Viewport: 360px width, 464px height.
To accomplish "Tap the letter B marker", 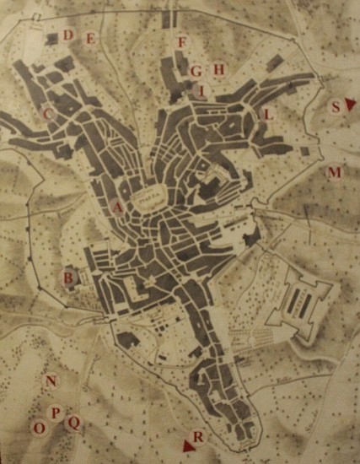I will pos(67,276).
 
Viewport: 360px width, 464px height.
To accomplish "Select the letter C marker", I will pos(48,112).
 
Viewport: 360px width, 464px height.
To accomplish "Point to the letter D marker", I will pos(69,35).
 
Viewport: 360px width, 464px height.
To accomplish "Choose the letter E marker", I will pos(89,39).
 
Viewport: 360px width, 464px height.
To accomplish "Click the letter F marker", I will pos(181,41).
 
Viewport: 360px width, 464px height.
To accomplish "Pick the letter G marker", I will pos(196,71).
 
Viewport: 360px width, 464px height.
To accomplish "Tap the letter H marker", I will pos(219,69).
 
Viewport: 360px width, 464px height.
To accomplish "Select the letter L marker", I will pos(268,114).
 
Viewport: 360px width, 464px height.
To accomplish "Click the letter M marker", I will pos(335,173).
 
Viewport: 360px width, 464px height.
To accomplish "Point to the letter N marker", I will pos(51,381).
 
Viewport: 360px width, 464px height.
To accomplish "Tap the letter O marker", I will pos(39,428).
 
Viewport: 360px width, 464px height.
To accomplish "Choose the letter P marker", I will pos(56,413).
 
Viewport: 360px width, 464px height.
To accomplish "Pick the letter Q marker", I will pos(73,422).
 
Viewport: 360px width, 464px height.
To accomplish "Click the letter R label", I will pos(198,437).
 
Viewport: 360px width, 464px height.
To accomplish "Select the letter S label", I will pos(336,106).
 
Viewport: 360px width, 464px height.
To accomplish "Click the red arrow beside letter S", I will pos(350,104).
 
